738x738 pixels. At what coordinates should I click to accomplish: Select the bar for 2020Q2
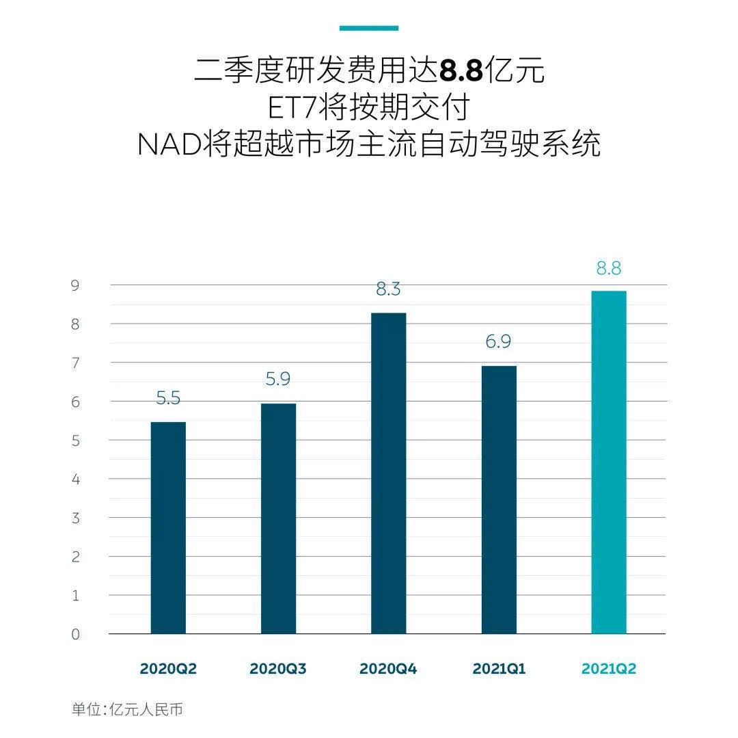coord(168,527)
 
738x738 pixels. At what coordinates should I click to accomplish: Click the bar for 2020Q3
coord(278,518)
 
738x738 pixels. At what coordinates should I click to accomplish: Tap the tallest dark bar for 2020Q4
coord(388,473)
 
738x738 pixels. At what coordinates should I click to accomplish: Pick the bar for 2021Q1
coord(499,499)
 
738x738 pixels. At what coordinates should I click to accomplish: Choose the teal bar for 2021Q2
coord(608,462)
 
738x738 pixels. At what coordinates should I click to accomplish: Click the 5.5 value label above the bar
coord(168,398)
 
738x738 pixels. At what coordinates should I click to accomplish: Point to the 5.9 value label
coord(278,380)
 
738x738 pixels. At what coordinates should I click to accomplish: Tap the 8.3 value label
coord(388,289)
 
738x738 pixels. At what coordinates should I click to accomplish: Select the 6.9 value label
coord(498,342)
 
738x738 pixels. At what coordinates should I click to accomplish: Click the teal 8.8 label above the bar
coord(608,269)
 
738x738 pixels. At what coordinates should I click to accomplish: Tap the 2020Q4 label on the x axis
coord(388,669)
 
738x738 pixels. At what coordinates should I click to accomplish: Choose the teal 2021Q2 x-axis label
coord(608,669)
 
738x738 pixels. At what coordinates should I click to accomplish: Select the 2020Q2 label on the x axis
coord(168,669)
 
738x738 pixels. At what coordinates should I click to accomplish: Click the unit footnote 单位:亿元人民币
coord(128,709)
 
